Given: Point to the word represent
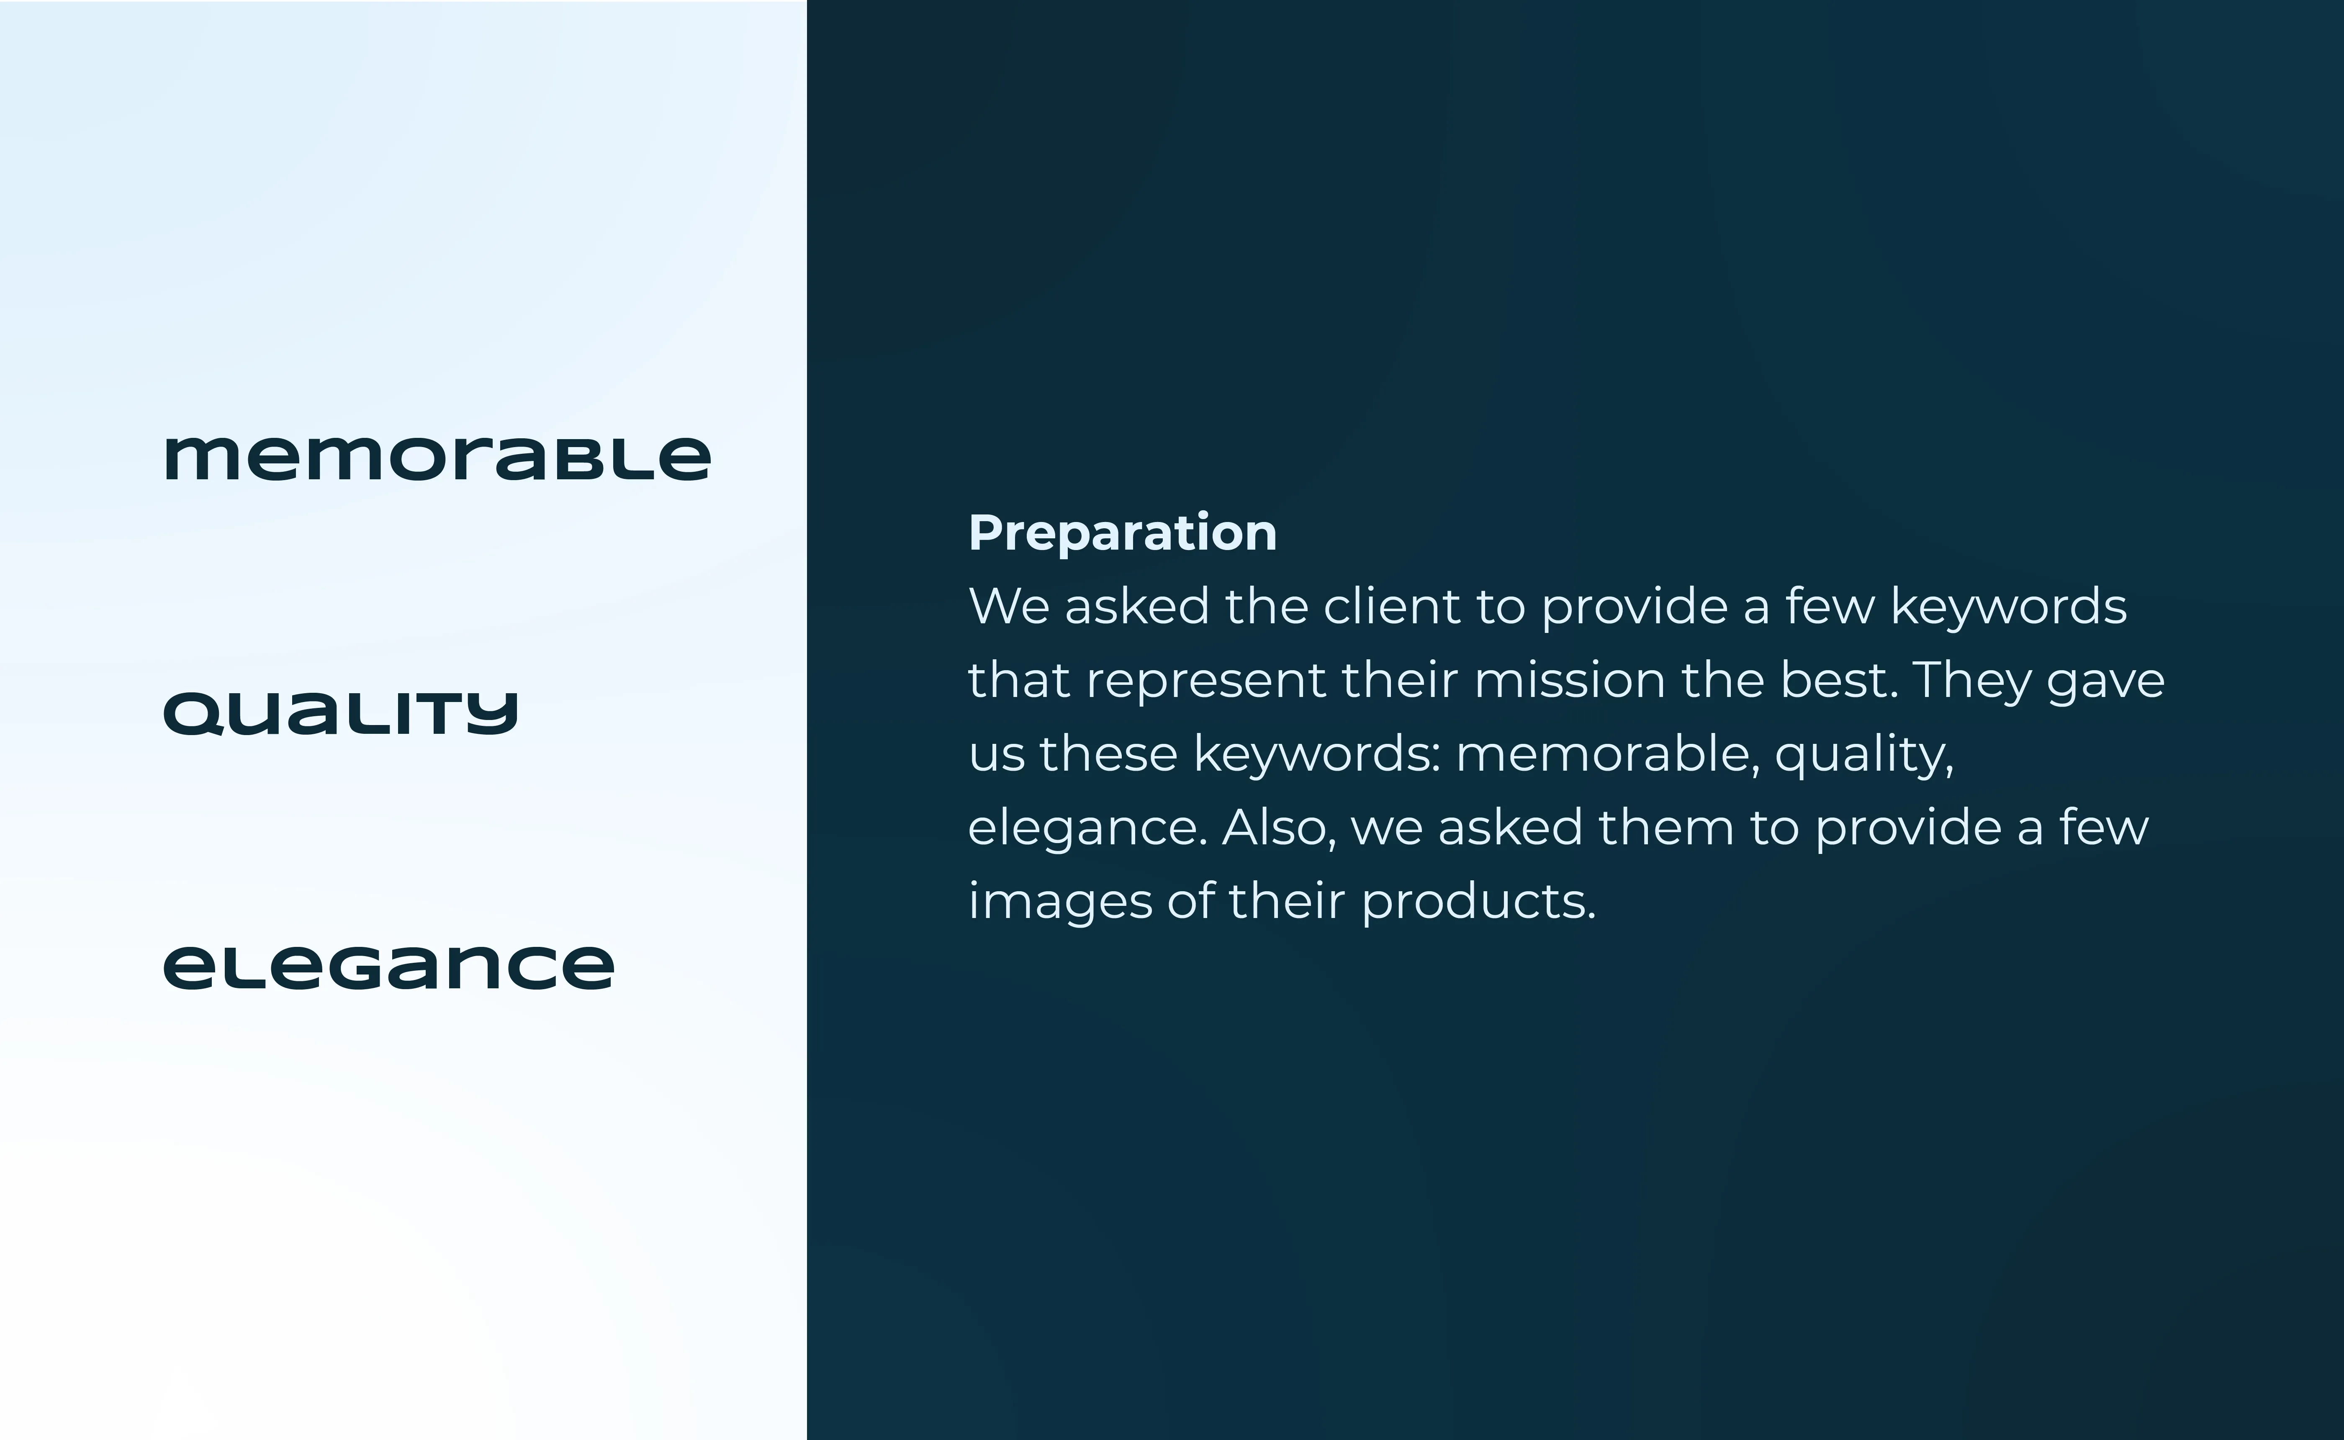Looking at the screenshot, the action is click(1206, 680).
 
